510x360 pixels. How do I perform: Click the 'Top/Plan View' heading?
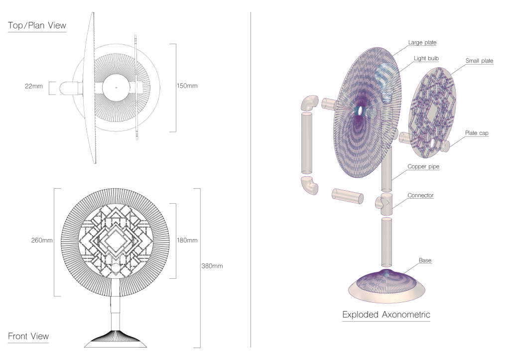pyautogui.click(x=37, y=25)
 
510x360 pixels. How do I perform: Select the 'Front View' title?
pyautogui.click(x=28, y=336)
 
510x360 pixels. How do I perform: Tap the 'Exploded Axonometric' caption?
pyautogui.click(x=386, y=315)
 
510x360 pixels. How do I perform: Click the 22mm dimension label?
pyautogui.click(x=34, y=86)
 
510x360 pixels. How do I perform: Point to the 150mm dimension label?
pyautogui.click(x=187, y=86)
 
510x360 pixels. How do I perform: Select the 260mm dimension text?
pyautogui.click(x=42, y=240)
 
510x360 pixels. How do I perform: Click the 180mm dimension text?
pyautogui.click(x=187, y=240)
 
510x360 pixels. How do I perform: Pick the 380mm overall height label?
pyautogui.click(x=212, y=266)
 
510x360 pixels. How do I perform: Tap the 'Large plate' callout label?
pyautogui.click(x=422, y=42)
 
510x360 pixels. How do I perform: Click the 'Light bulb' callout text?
pyautogui.click(x=426, y=58)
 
